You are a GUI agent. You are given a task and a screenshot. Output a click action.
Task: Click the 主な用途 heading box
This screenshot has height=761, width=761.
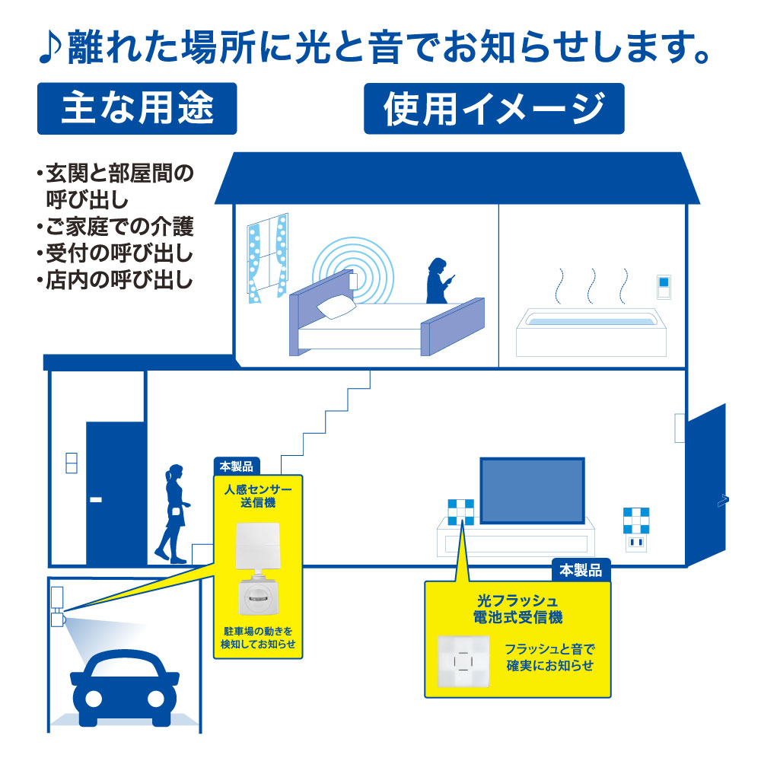point(137,108)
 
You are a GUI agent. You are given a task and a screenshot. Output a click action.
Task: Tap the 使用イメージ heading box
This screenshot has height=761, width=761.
point(494,108)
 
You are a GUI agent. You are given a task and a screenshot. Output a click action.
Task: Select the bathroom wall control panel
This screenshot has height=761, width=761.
point(663,288)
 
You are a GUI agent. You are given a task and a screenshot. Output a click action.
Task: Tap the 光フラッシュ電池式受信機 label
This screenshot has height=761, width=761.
point(517,608)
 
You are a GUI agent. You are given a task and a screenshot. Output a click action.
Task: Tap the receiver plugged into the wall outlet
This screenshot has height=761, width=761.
point(635,530)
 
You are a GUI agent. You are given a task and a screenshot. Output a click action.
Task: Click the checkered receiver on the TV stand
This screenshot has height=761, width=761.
point(460,512)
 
